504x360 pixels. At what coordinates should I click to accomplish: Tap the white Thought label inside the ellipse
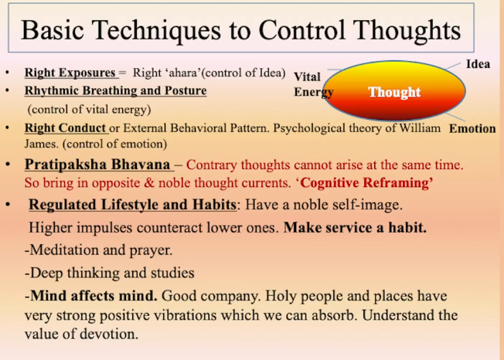point(394,93)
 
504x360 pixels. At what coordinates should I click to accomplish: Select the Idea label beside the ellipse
point(478,64)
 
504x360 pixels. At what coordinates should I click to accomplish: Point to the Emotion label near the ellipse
point(472,129)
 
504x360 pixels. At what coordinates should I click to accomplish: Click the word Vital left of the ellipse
point(307,77)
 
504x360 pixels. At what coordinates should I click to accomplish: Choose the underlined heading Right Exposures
point(70,73)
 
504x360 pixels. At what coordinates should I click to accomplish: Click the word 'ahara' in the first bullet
point(182,73)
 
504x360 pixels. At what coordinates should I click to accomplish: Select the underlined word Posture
point(186,91)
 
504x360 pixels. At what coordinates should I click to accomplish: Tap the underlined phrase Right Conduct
point(65,128)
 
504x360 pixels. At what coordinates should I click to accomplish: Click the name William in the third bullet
point(420,128)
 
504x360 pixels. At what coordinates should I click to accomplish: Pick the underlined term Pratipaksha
point(66,165)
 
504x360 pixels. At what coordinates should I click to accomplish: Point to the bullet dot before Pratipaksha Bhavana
point(8,165)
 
